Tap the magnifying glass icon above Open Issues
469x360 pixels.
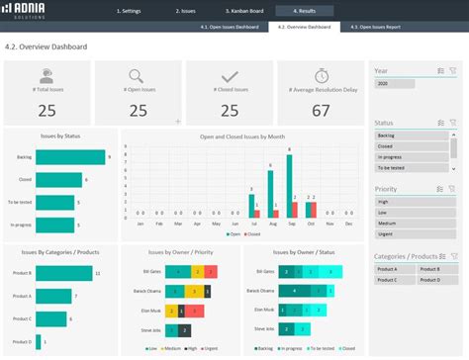click(x=138, y=76)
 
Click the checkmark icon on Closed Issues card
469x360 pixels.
click(x=230, y=76)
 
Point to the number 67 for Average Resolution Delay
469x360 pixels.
click(x=321, y=110)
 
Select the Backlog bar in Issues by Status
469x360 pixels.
click(x=70, y=156)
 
